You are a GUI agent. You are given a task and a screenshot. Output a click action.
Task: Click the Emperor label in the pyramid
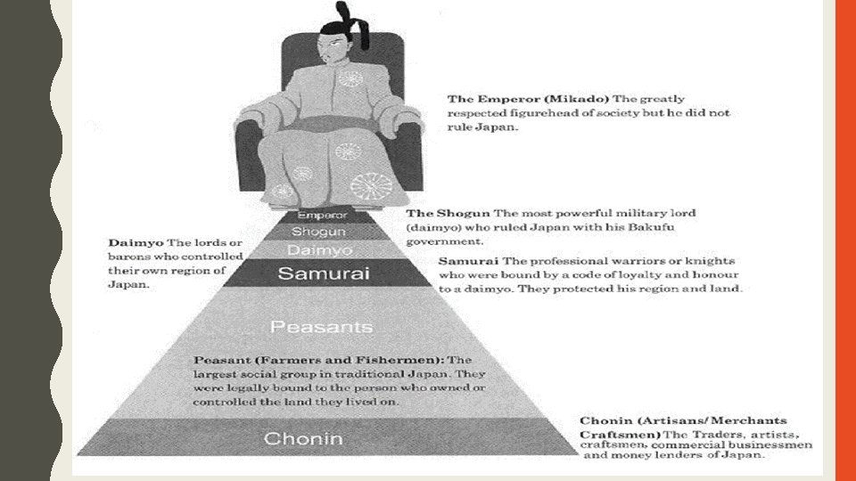click(321, 215)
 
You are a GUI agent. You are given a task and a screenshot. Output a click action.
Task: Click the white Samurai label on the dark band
click(323, 273)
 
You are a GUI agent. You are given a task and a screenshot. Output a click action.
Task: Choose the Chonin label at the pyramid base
click(303, 438)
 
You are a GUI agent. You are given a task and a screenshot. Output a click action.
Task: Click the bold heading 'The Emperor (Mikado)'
click(512, 99)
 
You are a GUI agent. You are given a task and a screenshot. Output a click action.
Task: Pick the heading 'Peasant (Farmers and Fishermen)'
click(316, 359)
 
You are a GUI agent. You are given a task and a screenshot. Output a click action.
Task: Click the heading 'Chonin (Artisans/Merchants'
click(683, 420)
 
